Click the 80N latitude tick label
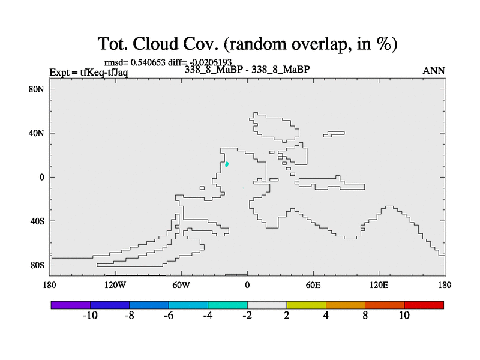click(37, 89)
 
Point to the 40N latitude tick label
click(37, 133)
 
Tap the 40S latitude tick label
click(37, 221)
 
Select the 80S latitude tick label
click(37, 265)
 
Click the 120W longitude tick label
click(115, 286)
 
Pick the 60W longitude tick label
click(181, 286)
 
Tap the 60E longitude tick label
click(313, 286)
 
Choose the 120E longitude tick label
click(379, 286)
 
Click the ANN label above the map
click(433, 71)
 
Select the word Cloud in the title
click(155, 43)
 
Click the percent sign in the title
click(383, 43)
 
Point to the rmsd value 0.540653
click(148, 62)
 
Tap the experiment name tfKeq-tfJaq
click(104, 73)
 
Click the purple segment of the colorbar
click(71, 305)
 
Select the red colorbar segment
click(424, 305)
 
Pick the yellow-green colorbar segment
click(306, 305)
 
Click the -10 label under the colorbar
click(90, 316)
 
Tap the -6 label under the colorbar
click(169, 316)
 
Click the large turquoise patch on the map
click(227, 164)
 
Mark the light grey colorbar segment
click(267, 305)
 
